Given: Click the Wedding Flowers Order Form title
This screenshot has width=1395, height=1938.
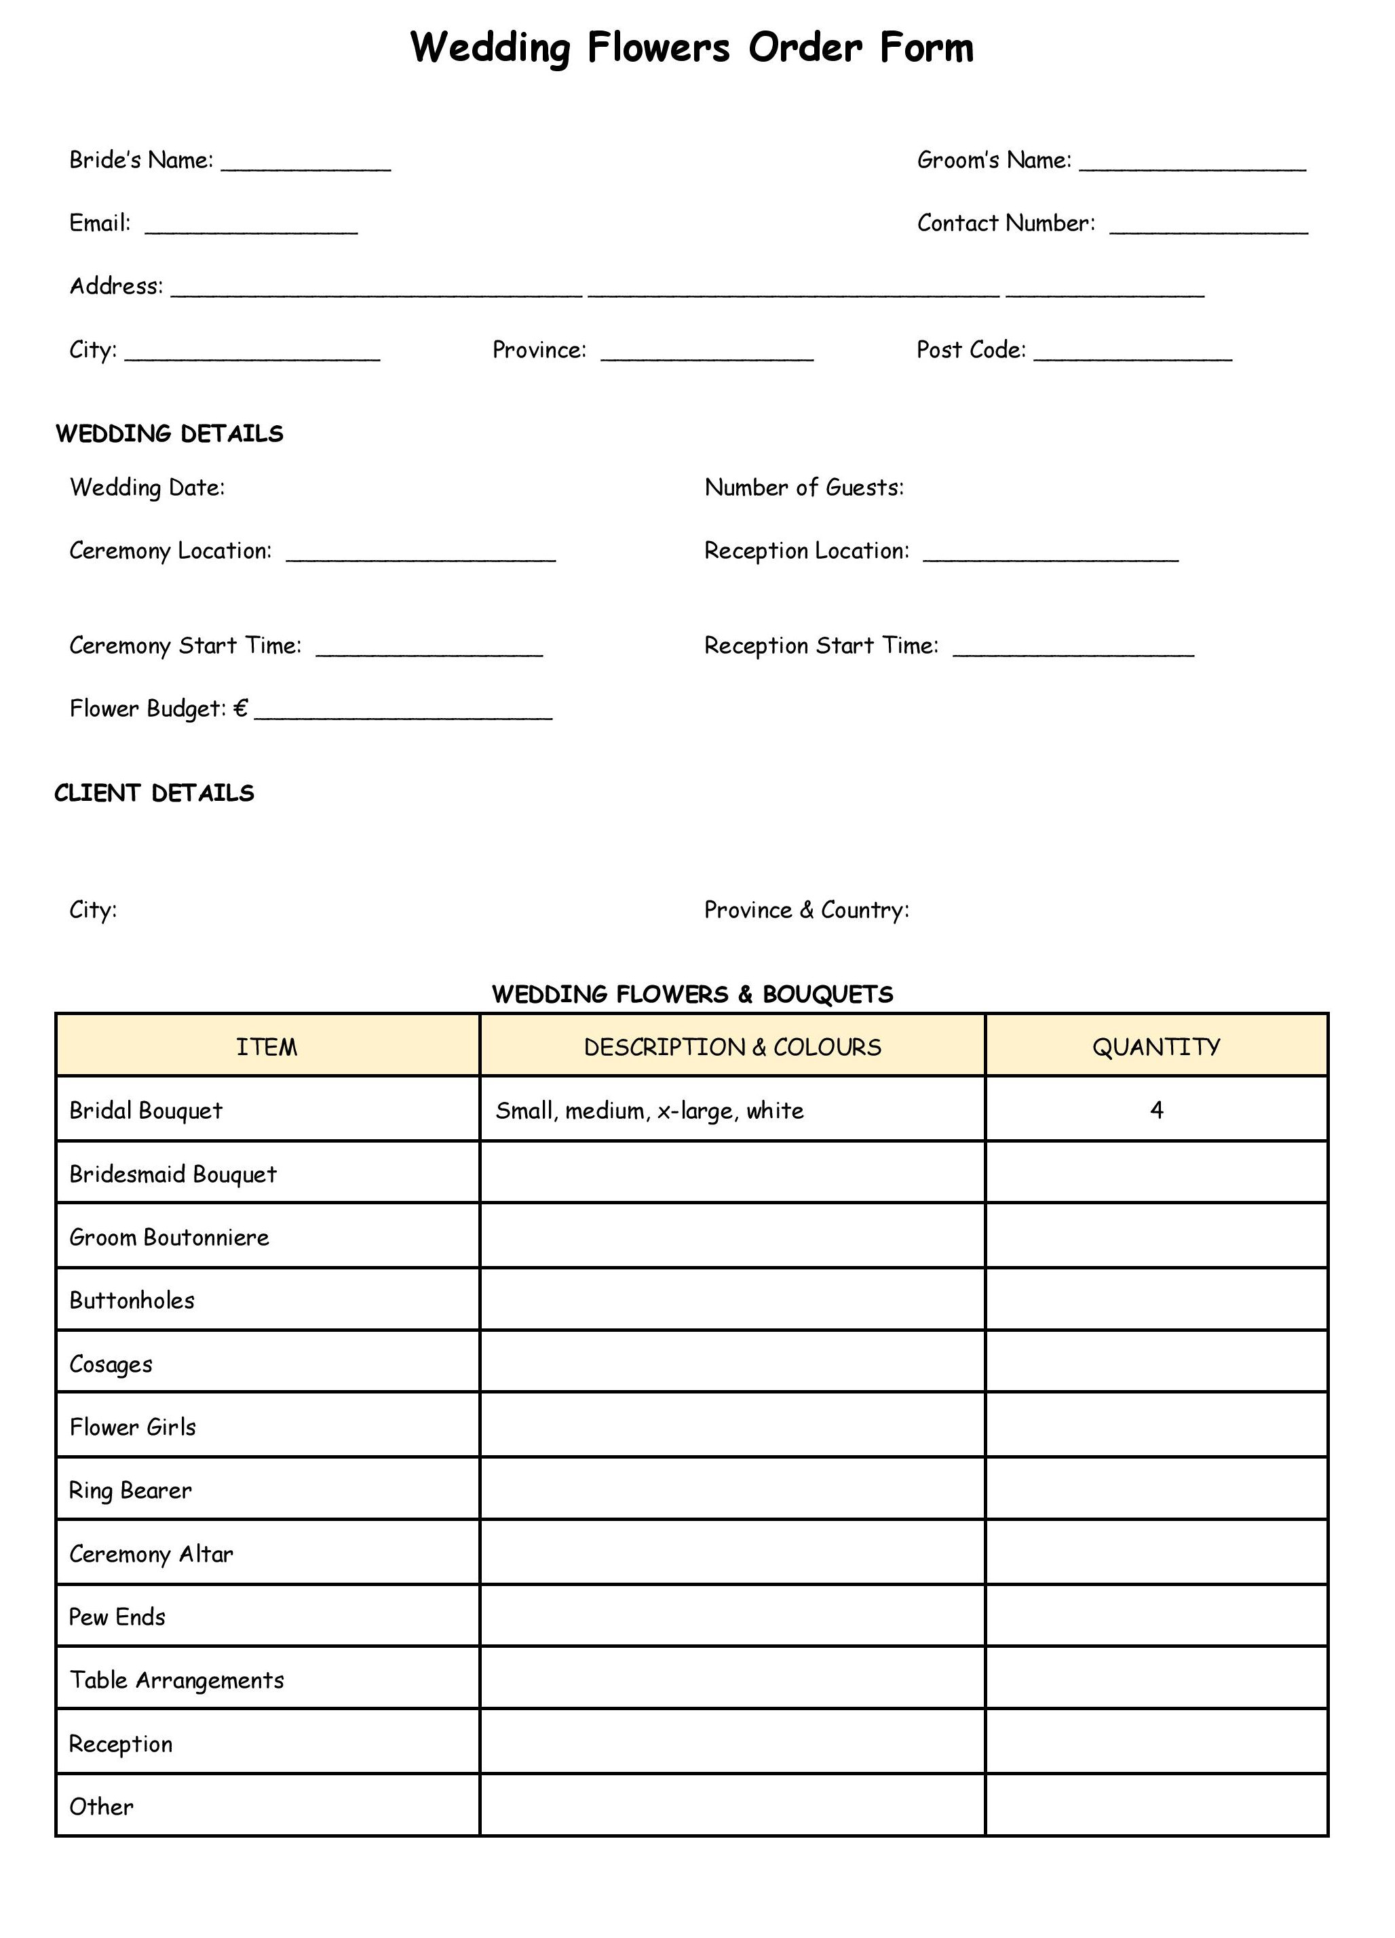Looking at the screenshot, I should pos(691,48).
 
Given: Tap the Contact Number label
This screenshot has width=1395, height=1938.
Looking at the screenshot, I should pos(1006,224).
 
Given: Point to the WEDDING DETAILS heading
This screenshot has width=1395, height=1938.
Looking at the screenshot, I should pos(169,434).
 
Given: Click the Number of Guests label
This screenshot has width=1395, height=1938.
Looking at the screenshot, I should pos(803,488).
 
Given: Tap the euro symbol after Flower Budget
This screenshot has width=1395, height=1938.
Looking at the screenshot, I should pos(240,709).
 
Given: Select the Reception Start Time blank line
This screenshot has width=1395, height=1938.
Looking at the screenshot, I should pos(1073,651).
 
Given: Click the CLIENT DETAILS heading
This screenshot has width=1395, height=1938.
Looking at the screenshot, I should pos(155,794).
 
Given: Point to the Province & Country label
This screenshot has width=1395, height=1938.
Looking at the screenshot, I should pos(806,910).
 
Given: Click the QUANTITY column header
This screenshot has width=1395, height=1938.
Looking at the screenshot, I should pos(1155,1048).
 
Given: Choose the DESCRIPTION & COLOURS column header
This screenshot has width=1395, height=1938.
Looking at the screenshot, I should pos(733,1048).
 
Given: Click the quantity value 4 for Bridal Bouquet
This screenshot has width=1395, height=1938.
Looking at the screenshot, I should pos(1157,1111).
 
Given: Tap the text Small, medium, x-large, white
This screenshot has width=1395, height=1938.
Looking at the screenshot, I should pos(649,1111).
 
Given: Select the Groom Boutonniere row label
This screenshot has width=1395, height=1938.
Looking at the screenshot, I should pos(169,1238).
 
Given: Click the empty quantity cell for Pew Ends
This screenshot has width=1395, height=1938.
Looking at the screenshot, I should pos(1155,1617).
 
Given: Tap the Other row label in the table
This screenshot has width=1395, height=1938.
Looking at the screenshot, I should pos(102,1806).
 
